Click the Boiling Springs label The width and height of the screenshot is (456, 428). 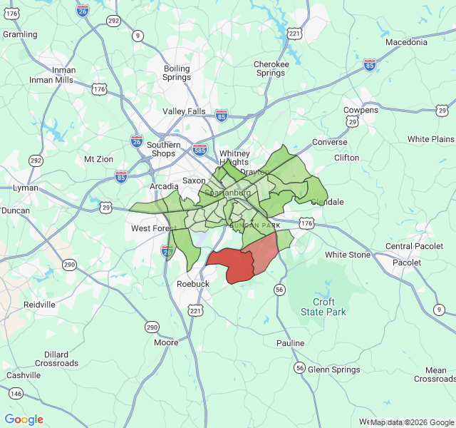(x=177, y=74)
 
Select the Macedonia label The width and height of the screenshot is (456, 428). (x=406, y=42)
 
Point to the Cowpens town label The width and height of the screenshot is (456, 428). (x=361, y=111)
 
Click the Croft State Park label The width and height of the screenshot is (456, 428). (x=323, y=307)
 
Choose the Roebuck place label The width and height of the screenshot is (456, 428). (x=192, y=284)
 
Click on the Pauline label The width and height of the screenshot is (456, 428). (x=290, y=343)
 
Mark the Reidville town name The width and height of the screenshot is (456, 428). (x=39, y=305)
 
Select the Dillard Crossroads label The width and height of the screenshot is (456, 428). (x=56, y=359)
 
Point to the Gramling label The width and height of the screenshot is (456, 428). (x=20, y=34)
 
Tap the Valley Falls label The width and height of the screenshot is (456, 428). (x=184, y=111)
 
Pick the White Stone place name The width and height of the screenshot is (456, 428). (x=348, y=255)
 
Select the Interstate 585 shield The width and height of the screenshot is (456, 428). (x=199, y=150)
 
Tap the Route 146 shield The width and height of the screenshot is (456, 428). (x=16, y=394)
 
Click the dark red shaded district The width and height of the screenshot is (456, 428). (x=231, y=265)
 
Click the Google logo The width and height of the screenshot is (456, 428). (x=24, y=419)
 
